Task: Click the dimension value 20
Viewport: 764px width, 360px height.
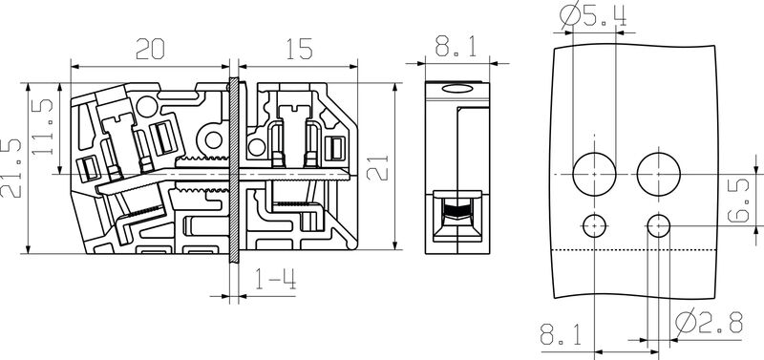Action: (x=150, y=49)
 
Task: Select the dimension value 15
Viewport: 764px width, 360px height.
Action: (x=299, y=49)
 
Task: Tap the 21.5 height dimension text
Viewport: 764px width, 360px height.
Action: (x=11, y=169)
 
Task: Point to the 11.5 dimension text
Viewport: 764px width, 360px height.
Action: (x=42, y=127)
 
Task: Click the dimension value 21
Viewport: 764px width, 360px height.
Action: (x=377, y=168)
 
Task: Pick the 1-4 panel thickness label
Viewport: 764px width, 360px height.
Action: (x=275, y=279)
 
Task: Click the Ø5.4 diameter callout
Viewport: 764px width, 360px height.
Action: (x=593, y=15)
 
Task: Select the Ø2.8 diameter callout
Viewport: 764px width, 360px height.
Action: (x=709, y=322)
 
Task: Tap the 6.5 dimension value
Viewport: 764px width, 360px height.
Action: (x=738, y=201)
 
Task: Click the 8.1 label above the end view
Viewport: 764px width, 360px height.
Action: (x=456, y=47)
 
